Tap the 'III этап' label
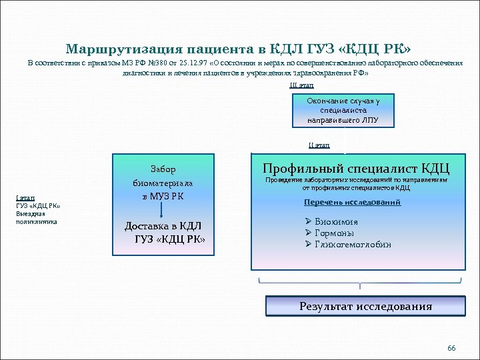tap(301, 85)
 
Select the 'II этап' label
tap(319, 145)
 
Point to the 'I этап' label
tap(23, 197)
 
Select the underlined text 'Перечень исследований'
tap(352, 202)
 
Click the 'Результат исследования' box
tap(365, 307)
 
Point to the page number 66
tap(451, 349)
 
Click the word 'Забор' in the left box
tap(163, 169)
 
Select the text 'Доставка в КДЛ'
tap(163, 226)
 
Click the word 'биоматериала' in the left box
tap(163, 183)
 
